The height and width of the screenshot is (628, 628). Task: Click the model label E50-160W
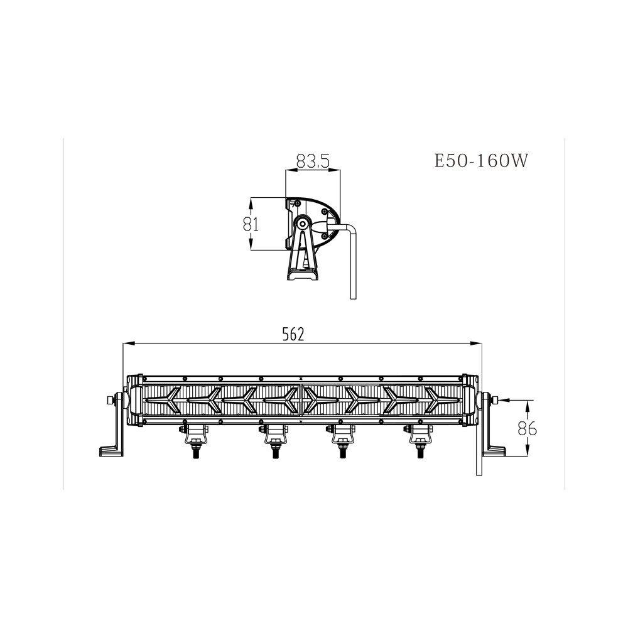481,161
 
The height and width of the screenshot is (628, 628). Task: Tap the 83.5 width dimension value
313,161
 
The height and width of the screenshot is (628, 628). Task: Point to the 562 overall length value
293,335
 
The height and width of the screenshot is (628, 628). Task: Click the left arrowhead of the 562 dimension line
126,343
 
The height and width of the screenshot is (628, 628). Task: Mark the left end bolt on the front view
111,400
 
